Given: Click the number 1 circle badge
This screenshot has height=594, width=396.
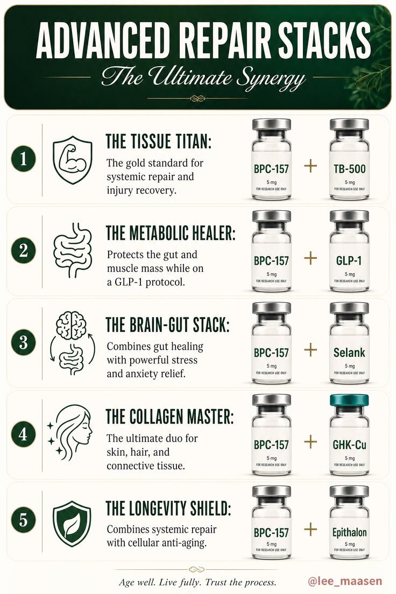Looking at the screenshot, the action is click(23, 158).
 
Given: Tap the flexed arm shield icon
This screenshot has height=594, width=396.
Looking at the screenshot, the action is click(73, 160).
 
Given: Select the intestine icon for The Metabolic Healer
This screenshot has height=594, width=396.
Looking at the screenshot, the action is click(73, 250).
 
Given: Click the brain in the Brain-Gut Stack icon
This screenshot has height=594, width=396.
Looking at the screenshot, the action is click(71, 324).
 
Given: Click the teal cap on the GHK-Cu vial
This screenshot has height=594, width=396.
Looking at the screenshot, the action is click(349, 400).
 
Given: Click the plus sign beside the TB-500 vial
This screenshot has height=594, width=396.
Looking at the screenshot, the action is click(310, 166).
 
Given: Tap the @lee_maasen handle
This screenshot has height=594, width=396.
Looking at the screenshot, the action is click(345, 581).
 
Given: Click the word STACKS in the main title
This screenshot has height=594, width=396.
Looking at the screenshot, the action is click(325, 40).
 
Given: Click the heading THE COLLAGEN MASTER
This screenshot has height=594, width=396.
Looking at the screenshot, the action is click(170, 416).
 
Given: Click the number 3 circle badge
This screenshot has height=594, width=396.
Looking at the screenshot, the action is click(23, 342).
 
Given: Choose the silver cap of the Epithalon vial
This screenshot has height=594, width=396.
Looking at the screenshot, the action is click(349, 491).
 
